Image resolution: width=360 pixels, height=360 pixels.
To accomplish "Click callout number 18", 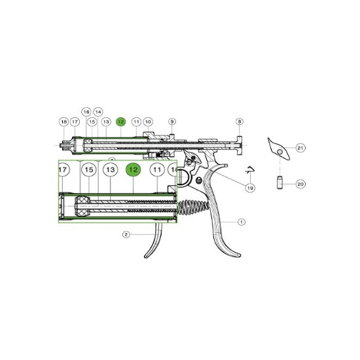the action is click(64, 122).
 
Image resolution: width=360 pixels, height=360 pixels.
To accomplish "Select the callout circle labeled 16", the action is click(86, 112).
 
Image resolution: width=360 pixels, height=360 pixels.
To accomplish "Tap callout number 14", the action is click(98, 112).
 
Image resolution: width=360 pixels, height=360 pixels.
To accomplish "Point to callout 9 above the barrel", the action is click(172, 122).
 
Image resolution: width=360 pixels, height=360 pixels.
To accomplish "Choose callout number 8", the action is click(239, 122).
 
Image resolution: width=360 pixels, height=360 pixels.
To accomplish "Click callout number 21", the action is click(300, 148).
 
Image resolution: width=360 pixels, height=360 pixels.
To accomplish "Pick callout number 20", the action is click(300, 184).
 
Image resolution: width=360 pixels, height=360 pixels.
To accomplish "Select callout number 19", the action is click(250, 188).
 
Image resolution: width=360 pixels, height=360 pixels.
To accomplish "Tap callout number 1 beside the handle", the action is click(241, 222).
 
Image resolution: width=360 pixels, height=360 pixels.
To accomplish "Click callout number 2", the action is click(126, 234).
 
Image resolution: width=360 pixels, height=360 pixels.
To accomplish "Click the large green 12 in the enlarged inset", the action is click(133, 170).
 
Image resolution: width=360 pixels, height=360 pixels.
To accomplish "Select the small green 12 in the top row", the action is click(121, 122).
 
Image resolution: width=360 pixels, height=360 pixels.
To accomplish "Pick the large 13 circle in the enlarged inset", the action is click(111, 170).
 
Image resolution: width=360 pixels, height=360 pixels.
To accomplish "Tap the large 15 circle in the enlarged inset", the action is click(89, 170).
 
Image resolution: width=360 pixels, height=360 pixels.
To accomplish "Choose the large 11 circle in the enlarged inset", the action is click(157, 170).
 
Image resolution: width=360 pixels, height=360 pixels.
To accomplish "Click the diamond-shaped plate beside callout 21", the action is click(278, 149).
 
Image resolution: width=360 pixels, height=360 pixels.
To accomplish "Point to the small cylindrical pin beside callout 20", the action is click(279, 183).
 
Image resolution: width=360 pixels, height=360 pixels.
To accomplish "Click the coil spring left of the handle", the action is click(193, 207).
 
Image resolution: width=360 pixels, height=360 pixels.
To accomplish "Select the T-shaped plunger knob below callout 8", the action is click(239, 145).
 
